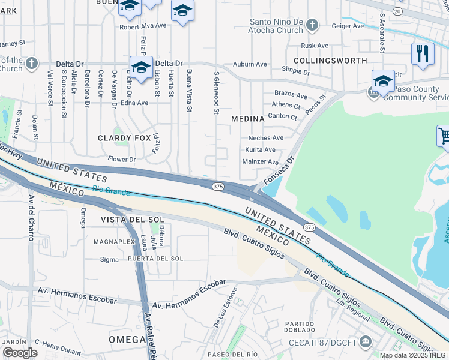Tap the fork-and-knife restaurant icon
[423, 53]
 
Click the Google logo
[20, 353]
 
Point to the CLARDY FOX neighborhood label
[124, 138]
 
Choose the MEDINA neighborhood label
[248, 119]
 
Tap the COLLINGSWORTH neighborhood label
[331, 61]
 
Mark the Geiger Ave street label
[349, 26]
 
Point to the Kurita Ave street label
[260, 149]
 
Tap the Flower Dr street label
[122, 160]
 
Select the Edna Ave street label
[134, 103]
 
